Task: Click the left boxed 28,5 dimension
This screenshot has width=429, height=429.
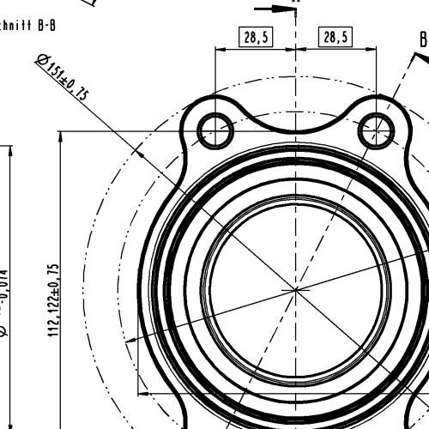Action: pyautogui.click(x=255, y=37)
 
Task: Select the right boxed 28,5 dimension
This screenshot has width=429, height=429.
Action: pyautogui.click(x=336, y=37)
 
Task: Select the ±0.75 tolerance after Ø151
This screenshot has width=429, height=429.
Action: pyautogui.click(x=77, y=88)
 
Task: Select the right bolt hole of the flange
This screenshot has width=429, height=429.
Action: pyautogui.click(x=376, y=130)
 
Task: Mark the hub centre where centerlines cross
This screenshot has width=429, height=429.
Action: pyautogui.click(x=296, y=290)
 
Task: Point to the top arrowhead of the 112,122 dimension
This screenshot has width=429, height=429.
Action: pyautogui.click(x=61, y=136)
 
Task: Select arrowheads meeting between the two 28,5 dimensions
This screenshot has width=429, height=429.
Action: pyautogui.click(x=296, y=50)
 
